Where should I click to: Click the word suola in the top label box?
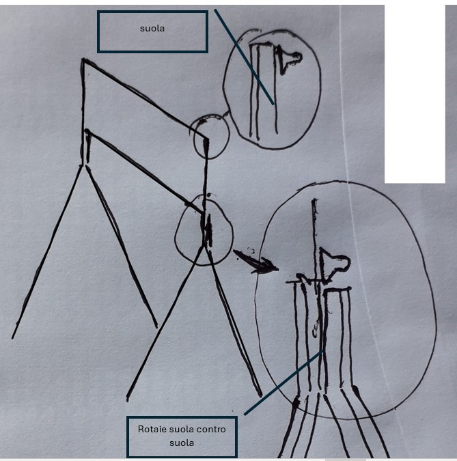point(152,31)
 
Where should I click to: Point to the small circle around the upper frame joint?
point(210,137)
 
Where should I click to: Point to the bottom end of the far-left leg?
point(13,337)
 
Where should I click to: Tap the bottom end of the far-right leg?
point(260,395)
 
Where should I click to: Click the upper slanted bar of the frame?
point(143,94)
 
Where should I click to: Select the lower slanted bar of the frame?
point(140,168)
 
